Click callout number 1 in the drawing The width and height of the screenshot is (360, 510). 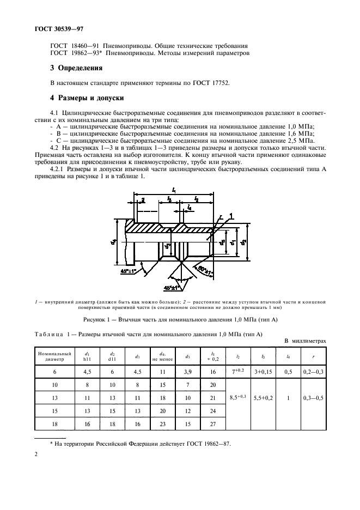click(x=231, y=216)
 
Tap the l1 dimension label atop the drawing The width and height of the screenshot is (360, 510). click(x=174, y=189)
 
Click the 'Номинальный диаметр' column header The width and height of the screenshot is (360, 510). click(x=54, y=357)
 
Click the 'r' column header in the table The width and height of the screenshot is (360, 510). click(x=313, y=357)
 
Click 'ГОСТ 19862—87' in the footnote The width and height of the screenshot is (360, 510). click(x=208, y=444)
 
